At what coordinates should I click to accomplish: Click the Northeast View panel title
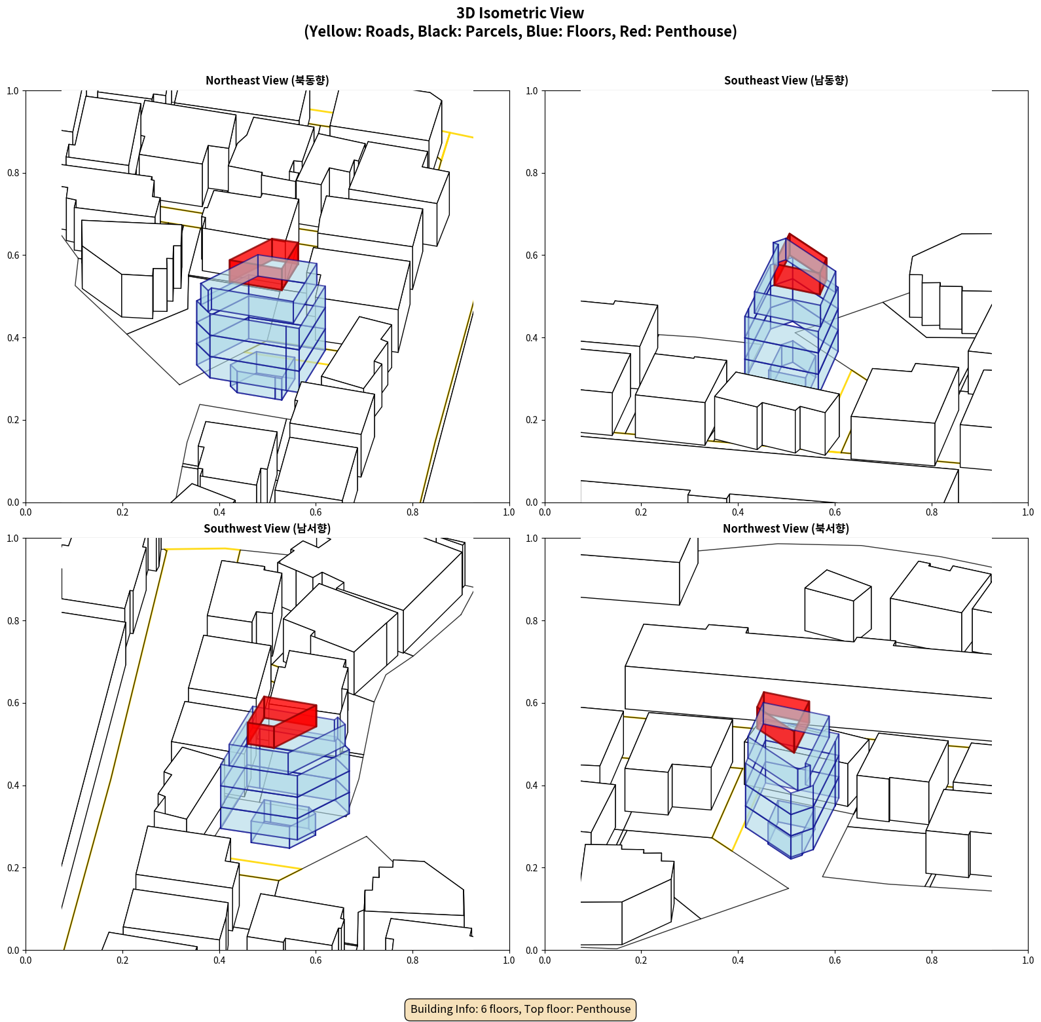(x=267, y=80)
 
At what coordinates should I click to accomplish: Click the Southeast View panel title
(x=786, y=80)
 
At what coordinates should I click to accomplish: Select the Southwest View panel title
(x=267, y=528)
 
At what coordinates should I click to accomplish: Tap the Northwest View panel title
(x=786, y=528)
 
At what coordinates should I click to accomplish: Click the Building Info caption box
(x=520, y=1009)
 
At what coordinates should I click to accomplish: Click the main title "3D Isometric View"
(x=520, y=13)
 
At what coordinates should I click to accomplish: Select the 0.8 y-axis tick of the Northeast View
(x=13, y=173)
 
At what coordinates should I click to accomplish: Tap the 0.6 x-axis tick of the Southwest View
(x=316, y=960)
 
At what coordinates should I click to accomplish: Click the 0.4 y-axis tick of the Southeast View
(x=532, y=337)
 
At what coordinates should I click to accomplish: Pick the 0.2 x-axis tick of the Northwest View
(x=641, y=960)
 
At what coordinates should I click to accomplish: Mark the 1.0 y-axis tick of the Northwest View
(x=532, y=539)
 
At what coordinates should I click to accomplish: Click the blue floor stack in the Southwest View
(x=285, y=780)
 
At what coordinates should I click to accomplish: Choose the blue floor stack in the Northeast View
(x=261, y=328)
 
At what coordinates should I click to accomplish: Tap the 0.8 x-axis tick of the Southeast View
(x=932, y=512)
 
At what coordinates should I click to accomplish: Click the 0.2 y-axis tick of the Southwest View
(x=13, y=867)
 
